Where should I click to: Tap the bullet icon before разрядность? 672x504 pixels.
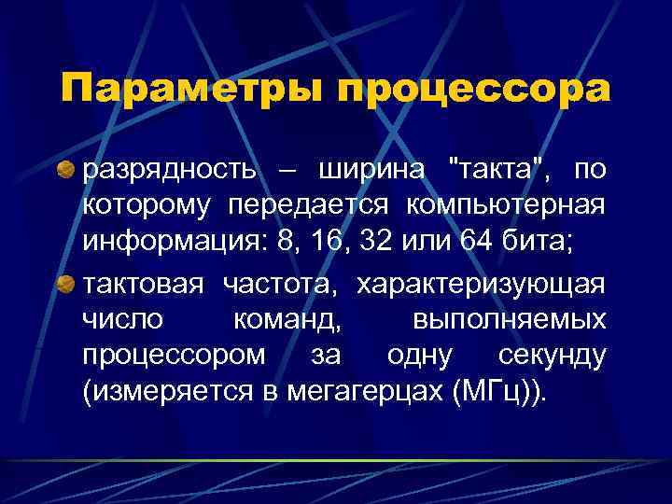(x=68, y=171)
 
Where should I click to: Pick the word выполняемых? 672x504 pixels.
(x=509, y=320)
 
